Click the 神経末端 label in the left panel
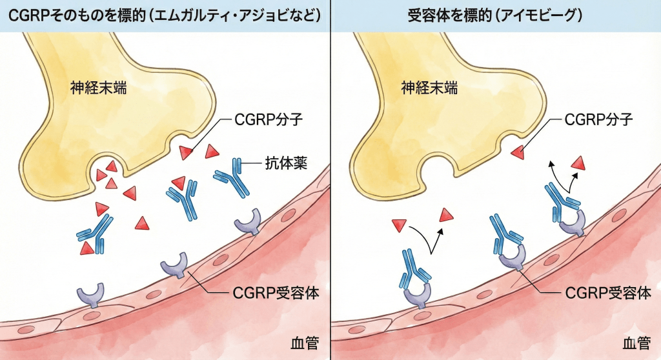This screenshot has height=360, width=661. click(x=98, y=88)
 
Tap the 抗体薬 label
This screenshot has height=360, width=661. click(x=285, y=163)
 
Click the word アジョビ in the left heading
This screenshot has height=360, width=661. click(x=265, y=15)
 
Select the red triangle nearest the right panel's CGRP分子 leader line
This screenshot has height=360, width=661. click(x=518, y=152)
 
